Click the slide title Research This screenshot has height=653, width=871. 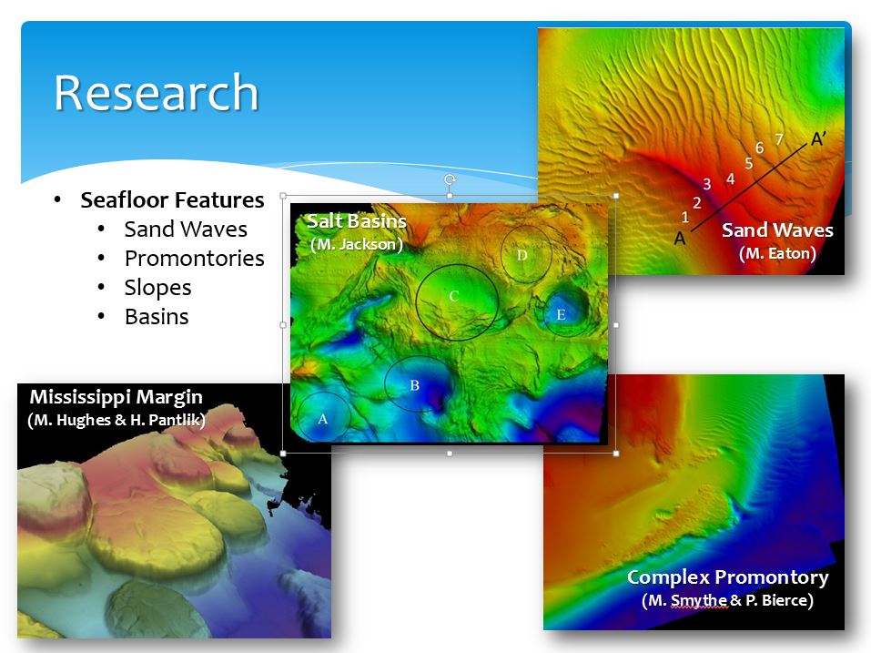157,92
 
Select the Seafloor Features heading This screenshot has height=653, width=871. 172,199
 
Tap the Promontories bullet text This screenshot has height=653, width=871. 195,258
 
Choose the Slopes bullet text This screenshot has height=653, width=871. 157,287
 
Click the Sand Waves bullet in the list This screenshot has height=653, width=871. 186,229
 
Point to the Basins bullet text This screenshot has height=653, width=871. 157,316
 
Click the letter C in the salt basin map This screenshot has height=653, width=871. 454,296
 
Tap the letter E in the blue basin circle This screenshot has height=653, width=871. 561,315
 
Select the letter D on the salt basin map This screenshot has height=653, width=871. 522,255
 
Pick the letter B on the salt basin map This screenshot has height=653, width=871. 414,385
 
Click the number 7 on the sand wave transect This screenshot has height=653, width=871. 779,139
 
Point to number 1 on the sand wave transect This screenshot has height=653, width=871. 685,218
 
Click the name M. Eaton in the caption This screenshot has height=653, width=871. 777,253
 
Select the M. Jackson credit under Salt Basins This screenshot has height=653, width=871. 356,244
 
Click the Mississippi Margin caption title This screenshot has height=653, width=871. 116,397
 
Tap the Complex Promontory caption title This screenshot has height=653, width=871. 728,577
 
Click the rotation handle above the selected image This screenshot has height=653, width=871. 450,179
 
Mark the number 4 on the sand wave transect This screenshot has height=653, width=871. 731,179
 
